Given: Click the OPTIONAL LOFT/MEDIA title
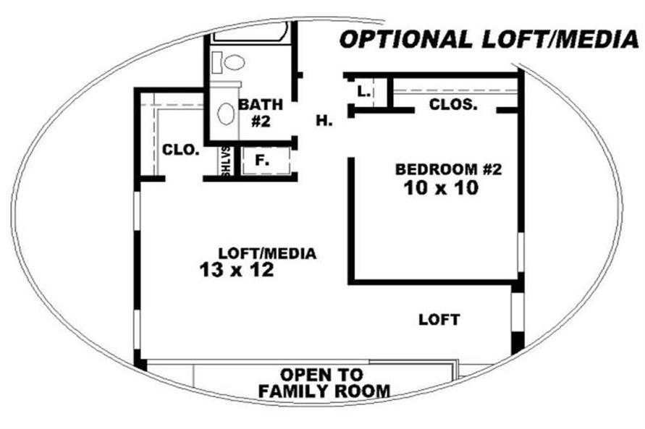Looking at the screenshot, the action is pyautogui.click(x=489, y=40).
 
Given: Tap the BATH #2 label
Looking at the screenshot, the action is pyautogui.click(x=261, y=113).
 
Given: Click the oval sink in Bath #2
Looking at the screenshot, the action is pyautogui.click(x=225, y=114).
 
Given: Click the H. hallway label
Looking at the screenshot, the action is pyautogui.click(x=324, y=121).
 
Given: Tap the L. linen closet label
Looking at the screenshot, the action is pyautogui.click(x=363, y=91).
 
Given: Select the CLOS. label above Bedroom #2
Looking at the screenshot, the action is pyautogui.click(x=453, y=104).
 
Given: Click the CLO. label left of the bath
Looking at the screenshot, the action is pyautogui.click(x=181, y=150).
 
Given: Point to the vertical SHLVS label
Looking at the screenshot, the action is pyautogui.click(x=226, y=162).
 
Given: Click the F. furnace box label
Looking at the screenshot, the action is pyautogui.click(x=261, y=161).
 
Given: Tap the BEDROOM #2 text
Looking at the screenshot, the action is pyautogui.click(x=448, y=169).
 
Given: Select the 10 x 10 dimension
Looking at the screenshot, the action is pyautogui.click(x=441, y=188).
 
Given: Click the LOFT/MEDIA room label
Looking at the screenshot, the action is pyautogui.click(x=267, y=253).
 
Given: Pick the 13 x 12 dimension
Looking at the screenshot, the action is pyautogui.click(x=237, y=270).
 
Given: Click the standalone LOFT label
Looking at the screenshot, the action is pyautogui.click(x=439, y=320).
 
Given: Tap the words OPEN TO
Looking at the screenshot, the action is pyautogui.click(x=321, y=375).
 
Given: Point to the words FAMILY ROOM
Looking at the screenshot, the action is pyautogui.click(x=324, y=391).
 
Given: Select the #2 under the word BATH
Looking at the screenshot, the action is pyautogui.click(x=261, y=122).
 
